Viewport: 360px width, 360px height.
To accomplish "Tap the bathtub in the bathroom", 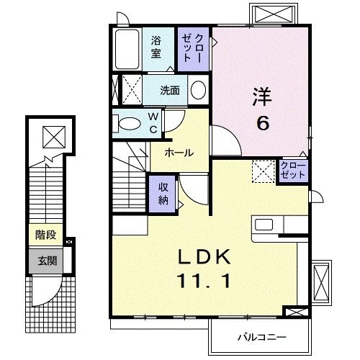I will pyautogui.click(x=127, y=49).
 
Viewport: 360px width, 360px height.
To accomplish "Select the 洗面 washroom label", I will pyautogui.click(x=170, y=91).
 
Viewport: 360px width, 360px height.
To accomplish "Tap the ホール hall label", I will pyautogui.click(x=178, y=153).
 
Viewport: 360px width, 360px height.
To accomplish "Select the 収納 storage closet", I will pyautogui.click(x=163, y=193).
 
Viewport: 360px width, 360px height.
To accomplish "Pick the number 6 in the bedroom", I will pyautogui.click(x=264, y=123).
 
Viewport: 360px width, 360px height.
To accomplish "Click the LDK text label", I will pyautogui.click(x=204, y=257).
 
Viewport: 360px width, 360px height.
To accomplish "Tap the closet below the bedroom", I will pyautogui.click(x=293, y=171).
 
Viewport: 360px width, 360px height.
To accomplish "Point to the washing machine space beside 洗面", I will pyautogui.click(x=128, y=91).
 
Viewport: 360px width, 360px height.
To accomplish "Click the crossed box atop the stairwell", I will pyautogui.click(x=53, y=135).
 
